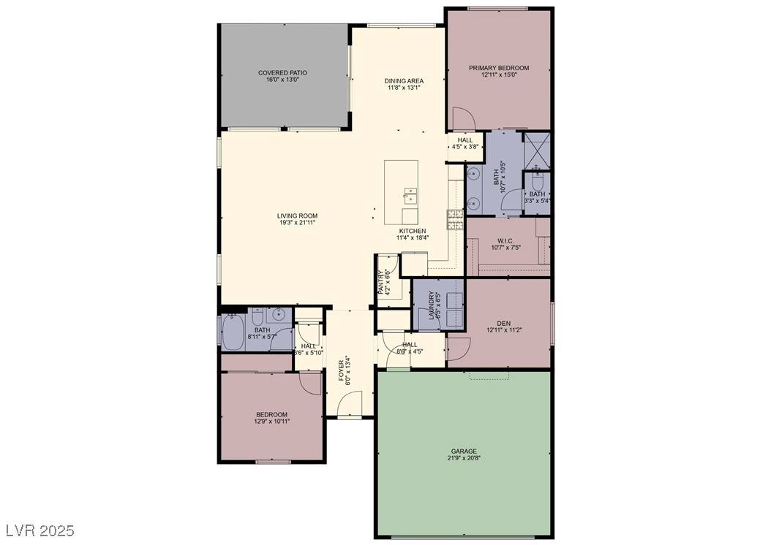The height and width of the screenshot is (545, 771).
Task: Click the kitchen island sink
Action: [410, 196]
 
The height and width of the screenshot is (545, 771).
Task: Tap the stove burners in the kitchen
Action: [455, 218]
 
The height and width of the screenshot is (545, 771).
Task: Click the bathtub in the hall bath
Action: [234, 332]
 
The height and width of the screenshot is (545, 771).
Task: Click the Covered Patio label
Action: [282, 73]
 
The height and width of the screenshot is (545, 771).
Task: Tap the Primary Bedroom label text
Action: [499, 68]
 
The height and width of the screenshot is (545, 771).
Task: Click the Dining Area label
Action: [405, 81]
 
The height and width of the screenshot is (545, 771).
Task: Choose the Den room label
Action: [503, 323]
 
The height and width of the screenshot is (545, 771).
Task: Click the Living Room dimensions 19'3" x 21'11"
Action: [298, 223]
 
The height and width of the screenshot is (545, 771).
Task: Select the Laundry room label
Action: [421, 305]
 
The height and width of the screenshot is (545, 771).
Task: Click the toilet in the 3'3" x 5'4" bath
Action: [538, 178]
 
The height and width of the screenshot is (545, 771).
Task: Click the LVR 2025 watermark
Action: [40, 529]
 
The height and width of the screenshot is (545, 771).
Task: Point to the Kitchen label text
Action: [412, 231]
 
